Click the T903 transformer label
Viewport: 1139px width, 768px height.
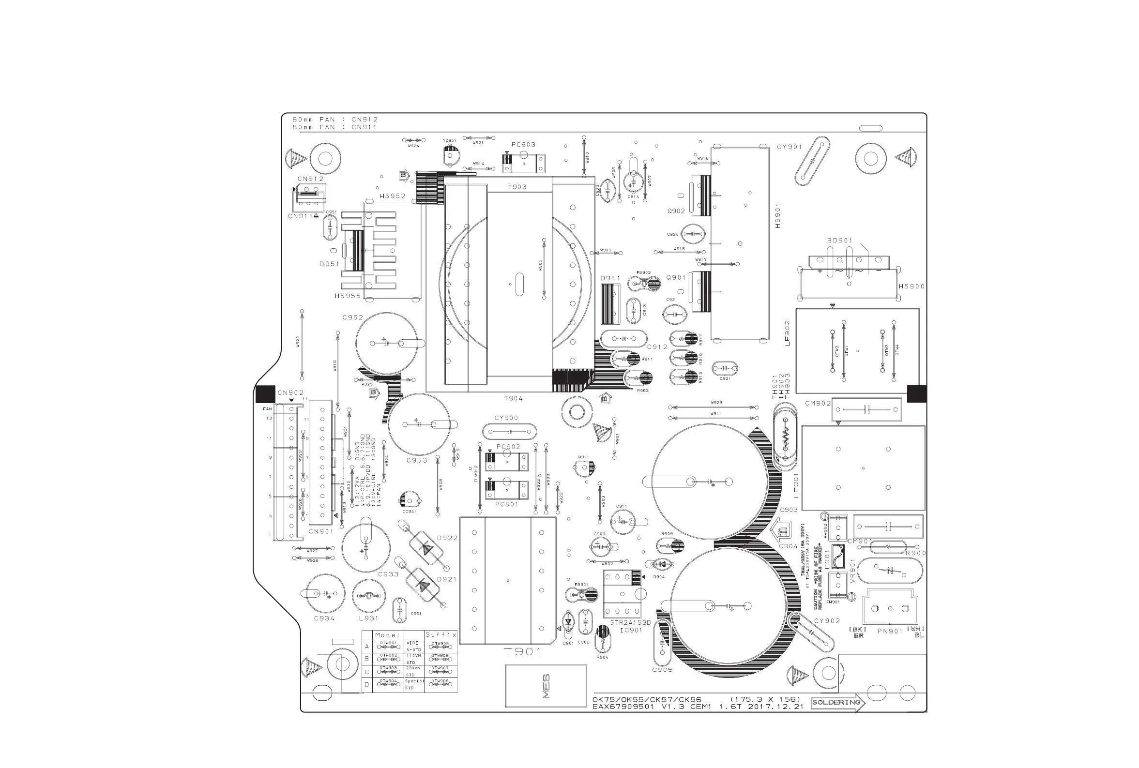517,187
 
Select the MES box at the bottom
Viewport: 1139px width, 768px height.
546,686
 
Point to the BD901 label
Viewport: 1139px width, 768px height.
840,241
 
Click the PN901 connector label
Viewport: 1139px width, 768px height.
890,632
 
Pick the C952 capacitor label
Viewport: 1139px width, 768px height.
353,317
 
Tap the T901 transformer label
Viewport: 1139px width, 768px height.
522,651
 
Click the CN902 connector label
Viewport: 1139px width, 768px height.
290,393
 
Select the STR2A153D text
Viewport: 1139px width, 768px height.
630,622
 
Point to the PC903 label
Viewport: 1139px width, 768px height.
523,145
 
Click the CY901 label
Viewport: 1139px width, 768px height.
789,147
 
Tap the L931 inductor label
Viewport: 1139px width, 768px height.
368,618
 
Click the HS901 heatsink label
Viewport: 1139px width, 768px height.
777,215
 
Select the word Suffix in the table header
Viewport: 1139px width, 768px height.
441,635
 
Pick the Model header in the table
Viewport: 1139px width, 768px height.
387,635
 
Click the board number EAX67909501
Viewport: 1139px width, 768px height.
623,707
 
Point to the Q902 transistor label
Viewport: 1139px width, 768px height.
676,211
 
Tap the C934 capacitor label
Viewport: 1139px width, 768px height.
324,618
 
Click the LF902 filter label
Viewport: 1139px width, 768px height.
788,333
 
